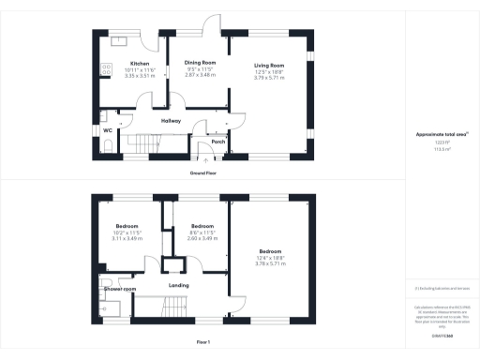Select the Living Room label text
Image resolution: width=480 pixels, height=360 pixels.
269,64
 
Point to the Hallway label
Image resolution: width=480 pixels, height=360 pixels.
170,119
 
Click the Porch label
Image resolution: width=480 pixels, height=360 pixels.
217,142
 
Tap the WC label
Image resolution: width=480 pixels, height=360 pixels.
108,129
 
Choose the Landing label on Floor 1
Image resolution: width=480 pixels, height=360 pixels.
179,285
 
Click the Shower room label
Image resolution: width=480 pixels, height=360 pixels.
120,289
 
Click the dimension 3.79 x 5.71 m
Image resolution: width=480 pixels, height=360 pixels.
269,76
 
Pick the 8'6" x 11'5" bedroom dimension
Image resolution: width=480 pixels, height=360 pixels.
203,232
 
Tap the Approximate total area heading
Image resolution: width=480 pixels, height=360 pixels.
442,135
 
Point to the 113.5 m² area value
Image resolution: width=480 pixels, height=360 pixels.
442,147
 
